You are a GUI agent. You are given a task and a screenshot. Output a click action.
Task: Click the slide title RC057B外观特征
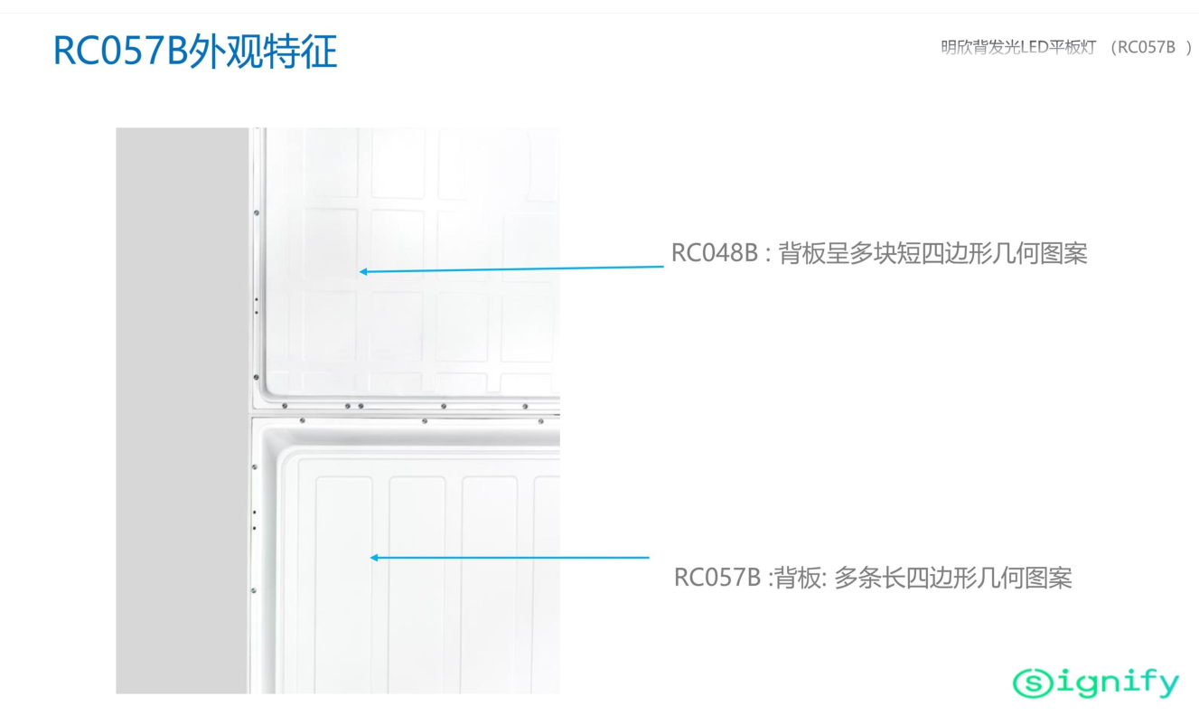[x=195, y=52]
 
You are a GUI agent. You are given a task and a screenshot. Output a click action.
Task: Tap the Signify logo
[x=1096, y=683]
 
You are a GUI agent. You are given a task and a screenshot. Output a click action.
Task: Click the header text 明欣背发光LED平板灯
[x=1017, y=48]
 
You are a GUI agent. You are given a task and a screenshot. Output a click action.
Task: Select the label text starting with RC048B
[x=878, y=253]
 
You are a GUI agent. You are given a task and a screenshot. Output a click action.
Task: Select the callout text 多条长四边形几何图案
[x=952, y=578]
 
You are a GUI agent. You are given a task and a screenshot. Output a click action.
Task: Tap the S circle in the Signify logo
[x=1033, y=683]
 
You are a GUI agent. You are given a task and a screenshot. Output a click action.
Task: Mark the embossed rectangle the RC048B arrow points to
[x=332, y=249]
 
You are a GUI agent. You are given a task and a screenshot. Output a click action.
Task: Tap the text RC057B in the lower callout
[x=717, y=578]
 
